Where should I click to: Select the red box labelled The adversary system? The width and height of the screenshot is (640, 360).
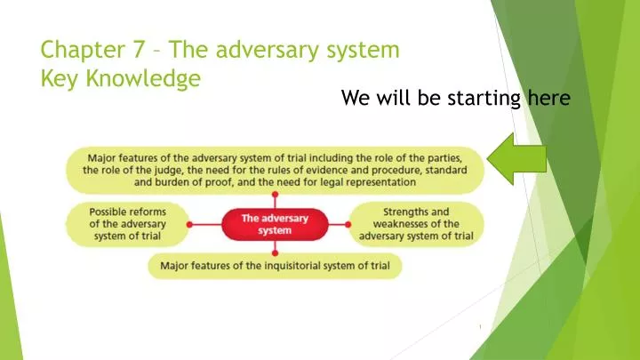click(274, 224)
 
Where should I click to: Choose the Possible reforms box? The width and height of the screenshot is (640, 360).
click(128, 224)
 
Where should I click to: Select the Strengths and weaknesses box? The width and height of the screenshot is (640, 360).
click(416, 224)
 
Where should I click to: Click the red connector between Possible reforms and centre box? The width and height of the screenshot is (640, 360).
click(205, 224)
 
